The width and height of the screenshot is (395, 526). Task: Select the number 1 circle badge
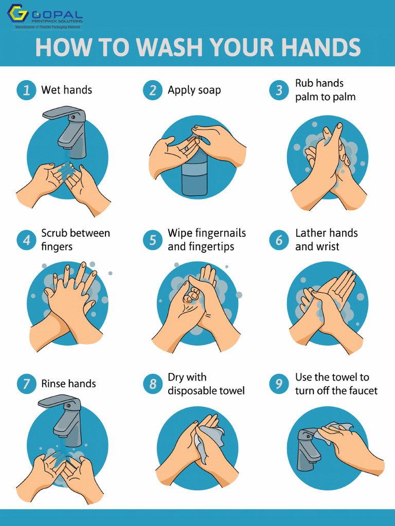pos(26,90)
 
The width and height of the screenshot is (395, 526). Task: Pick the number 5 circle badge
pos(153,240)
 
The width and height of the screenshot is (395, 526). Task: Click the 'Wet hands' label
pos(66,90)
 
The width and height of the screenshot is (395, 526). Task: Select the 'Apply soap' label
pos(194,90)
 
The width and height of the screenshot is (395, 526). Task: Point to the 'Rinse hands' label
pos(68,384)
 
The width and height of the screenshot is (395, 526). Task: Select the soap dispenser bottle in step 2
pos(194,175)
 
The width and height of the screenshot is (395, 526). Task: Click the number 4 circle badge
pos(26,240)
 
